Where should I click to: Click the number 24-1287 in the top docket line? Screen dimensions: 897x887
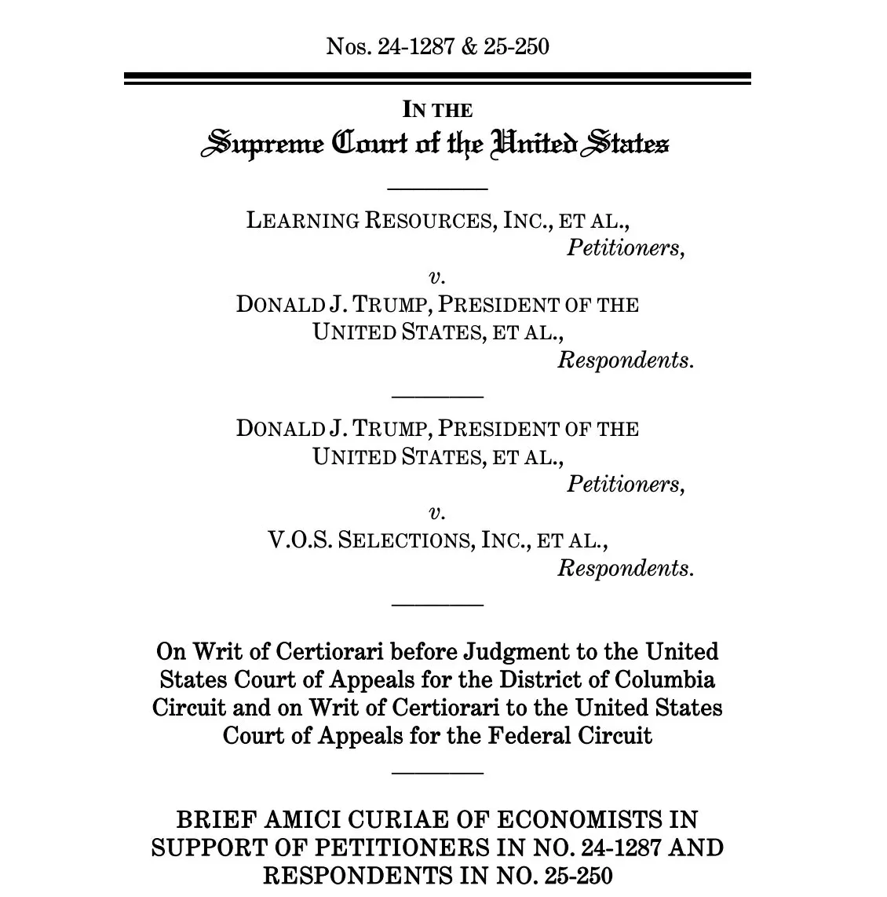(416, 47)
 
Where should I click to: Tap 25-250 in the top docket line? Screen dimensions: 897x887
(516, 47)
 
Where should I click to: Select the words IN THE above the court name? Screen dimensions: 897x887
(437, 110)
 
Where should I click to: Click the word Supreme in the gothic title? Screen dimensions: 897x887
(262, 145)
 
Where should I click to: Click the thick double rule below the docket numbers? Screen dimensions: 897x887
(437, 79)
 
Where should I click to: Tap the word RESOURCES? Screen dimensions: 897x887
(429, 221)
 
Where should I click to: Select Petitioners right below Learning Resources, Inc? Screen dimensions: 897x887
(626, 248)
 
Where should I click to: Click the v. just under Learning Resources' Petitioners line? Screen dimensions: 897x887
(437, 276)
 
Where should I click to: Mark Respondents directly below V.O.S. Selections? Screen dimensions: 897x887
(626, 568)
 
